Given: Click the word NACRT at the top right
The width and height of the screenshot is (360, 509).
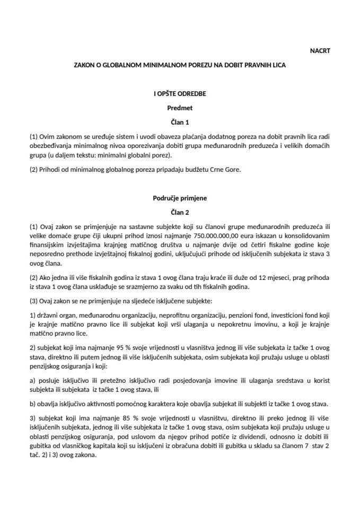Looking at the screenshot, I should pyautogui.click(x=320, y=51).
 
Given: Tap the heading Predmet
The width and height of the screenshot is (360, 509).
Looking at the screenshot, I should pyautogui.click(x=180, y=108).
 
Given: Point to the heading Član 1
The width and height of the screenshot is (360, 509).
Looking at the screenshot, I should pyautogui.click(x=180, y=121).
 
